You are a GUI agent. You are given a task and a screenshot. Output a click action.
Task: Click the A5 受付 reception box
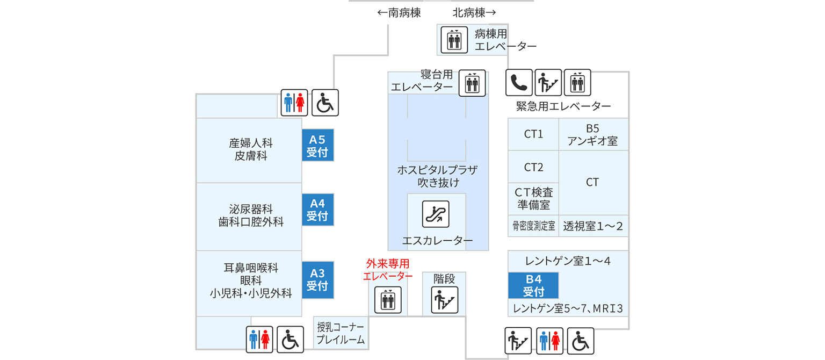point(317,145)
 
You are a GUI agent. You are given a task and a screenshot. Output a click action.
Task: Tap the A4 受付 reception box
point(317,210)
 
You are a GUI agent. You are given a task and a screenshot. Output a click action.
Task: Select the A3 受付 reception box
point(317,279)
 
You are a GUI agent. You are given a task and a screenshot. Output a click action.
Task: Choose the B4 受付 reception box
point(533,285)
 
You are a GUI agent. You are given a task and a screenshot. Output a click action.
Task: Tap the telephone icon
point(519,83)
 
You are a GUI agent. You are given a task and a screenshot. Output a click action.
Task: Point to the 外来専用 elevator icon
point(387,300)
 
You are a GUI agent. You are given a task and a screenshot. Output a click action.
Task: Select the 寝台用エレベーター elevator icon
point(472,83)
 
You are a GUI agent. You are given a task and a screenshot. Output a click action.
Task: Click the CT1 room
point(533,134)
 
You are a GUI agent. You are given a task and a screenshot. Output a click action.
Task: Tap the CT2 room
point(533,167)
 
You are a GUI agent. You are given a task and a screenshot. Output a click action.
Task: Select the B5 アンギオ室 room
point(593,134)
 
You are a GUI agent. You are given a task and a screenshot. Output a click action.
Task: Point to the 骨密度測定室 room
point(533,226)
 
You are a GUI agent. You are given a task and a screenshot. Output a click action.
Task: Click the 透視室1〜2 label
point(593,226)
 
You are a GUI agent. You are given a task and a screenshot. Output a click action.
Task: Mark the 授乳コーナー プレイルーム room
point(341,333)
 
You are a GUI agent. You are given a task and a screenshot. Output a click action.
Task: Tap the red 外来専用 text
point(388,264)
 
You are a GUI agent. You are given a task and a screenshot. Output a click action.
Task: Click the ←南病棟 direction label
point(399,12)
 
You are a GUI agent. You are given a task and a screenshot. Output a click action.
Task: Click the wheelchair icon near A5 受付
point(325,103)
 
